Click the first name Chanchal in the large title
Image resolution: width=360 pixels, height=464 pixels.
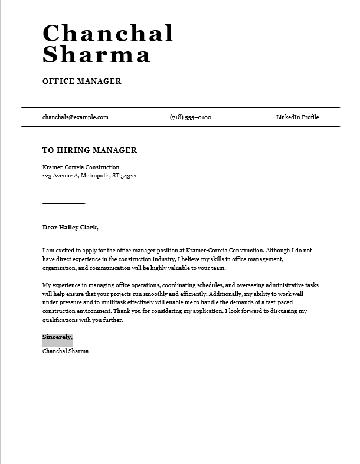coord(107,34)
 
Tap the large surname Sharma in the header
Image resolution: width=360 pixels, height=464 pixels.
coord(96,55)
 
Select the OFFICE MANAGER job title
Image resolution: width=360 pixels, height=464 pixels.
coord(82,81)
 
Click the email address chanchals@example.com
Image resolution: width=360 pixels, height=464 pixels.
coord(76,117)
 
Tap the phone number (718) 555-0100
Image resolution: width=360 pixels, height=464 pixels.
coord(190,117)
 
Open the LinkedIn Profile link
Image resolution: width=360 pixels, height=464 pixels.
coord(297,117)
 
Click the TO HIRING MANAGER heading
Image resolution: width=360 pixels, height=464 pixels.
coord(90,150)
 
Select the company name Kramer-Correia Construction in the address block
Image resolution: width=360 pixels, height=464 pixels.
coord(81,167)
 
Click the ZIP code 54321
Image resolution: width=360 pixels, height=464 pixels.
coord(128,176)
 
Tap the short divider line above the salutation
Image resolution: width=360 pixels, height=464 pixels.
coord(64,203)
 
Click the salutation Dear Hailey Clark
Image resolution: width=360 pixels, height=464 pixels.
coord(70,227)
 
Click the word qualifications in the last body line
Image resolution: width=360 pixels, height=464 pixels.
coord(61,320)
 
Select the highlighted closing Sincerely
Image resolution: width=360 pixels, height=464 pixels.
coord(57,337)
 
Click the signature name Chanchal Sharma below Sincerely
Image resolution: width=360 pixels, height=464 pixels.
coord(66,351)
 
